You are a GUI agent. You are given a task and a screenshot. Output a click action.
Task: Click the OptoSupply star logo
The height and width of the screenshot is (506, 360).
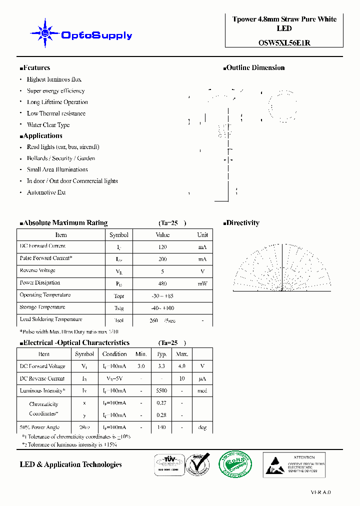(x=45, y=33)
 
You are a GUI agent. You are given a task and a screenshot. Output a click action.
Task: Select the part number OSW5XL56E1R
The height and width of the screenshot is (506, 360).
(x=284, y=43)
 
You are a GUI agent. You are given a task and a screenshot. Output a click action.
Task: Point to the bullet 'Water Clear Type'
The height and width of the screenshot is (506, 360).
(x=48, y=125)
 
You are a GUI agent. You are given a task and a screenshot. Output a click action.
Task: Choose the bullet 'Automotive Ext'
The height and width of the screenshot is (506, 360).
(x=46, y=192)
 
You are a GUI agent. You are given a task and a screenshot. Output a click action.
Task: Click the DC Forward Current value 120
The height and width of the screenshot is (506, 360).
(x=162, y=247)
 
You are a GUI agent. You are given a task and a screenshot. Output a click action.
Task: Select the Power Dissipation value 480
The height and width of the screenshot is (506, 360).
(x=162, y=283)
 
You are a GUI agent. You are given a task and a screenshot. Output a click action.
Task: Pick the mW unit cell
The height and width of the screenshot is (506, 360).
(x=202, y=283)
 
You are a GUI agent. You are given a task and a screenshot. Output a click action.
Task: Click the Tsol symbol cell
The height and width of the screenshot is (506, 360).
(x=118, y=320)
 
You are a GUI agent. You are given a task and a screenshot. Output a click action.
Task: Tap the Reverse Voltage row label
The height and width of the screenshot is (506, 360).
(x=38, y=270)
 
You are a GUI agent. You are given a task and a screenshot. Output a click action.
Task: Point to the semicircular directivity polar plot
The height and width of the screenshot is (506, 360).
(x=283, y=270)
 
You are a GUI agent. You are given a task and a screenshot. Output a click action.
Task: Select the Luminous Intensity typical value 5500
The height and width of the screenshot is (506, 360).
(x=161, y=391)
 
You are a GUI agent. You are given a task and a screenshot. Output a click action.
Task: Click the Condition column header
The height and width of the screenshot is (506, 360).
(x=114, y=354)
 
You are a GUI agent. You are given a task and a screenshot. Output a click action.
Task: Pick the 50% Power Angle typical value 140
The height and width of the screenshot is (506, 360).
(x=161, y=427)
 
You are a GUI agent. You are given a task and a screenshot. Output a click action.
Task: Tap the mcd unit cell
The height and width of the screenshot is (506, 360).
(x=202, y=391)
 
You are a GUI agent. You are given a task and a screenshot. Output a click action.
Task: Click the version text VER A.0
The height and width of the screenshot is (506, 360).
(x=320, y=492)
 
